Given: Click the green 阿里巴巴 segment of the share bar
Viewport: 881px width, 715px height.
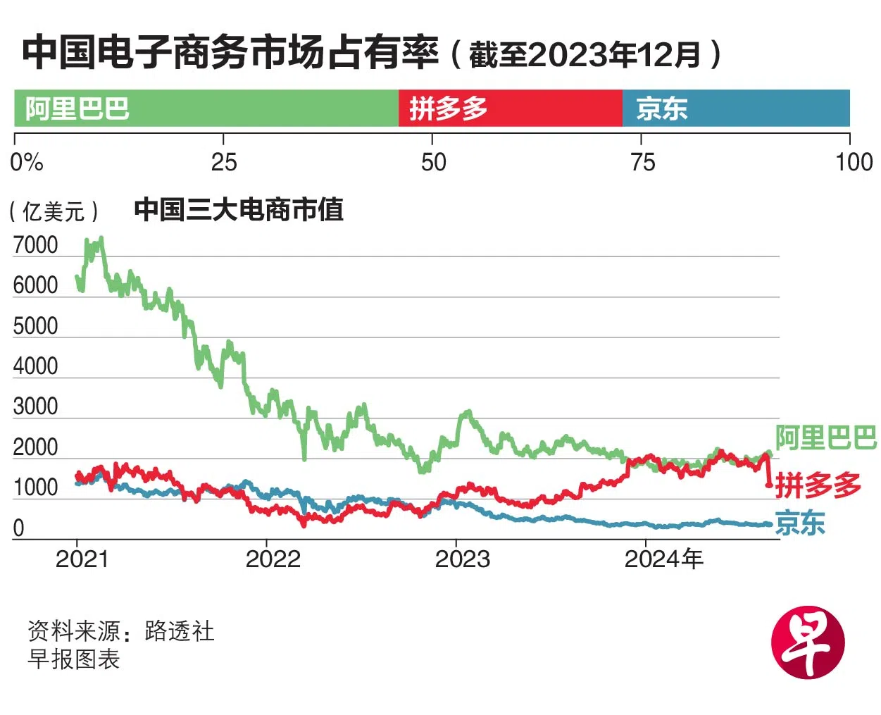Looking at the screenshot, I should point(206,108).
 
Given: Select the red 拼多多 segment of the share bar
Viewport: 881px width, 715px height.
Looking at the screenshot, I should point(510,108).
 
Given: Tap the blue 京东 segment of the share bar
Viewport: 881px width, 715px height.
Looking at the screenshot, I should point(735,108).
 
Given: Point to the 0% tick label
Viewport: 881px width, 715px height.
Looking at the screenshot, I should point(27,162).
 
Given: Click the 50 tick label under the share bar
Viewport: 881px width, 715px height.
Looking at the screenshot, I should point(433,162).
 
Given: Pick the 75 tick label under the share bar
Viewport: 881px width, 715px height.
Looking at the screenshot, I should point(642,162).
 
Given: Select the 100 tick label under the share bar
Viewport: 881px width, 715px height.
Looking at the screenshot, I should point(853,162).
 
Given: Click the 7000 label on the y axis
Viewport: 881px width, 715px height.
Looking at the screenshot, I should point(35,245).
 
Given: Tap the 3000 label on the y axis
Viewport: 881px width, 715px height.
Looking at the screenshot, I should point(35,406).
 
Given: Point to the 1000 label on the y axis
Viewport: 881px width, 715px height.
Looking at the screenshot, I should point(35,487).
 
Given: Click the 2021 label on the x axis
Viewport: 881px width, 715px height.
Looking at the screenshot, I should point(82,559).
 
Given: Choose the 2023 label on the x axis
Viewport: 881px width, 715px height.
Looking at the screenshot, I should point(462,559).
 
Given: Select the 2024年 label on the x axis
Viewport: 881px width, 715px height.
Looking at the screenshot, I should point(663,559).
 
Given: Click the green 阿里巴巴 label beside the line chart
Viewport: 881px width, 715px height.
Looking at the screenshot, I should point(825,437).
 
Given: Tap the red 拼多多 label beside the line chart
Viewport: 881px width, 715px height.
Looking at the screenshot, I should point(818,485).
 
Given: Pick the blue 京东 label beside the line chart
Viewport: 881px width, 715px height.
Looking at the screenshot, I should point(800,523).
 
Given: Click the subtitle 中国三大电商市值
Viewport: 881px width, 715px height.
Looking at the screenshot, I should point(238,210).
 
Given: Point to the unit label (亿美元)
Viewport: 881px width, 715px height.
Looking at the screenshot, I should point(54,211).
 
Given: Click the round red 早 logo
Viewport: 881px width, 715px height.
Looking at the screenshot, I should point(807,642).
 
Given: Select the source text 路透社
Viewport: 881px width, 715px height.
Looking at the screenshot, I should point(180,630).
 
